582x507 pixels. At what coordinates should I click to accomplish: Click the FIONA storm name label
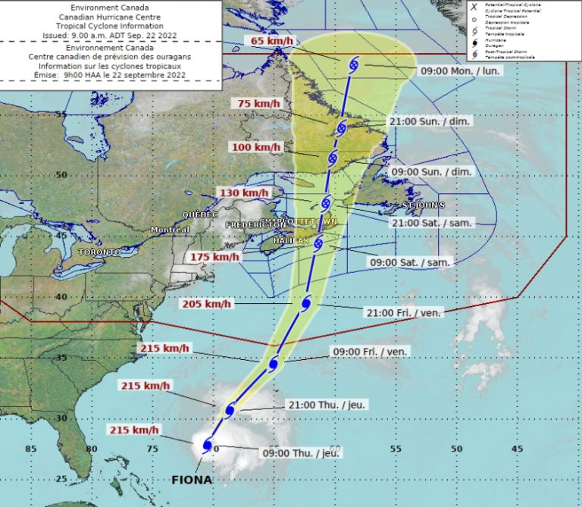coord(191,480)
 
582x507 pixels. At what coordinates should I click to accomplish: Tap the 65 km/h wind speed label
coord(272,41)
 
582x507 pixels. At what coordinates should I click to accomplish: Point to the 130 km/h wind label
coord(244,193)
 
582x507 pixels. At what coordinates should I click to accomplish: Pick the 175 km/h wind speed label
coord(215,257)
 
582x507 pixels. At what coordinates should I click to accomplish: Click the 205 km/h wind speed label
coord(207,304)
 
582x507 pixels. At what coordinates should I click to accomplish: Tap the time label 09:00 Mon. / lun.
coord(460,70)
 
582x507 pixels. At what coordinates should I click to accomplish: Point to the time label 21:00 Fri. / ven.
coord(404,313)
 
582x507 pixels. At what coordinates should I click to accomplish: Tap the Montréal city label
coord(170,230)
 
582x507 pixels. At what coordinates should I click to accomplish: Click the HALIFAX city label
coord(291,240)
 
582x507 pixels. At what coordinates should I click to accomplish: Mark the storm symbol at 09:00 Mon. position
coord(353,65)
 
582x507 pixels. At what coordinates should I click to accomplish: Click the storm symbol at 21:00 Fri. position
coord(306,303)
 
